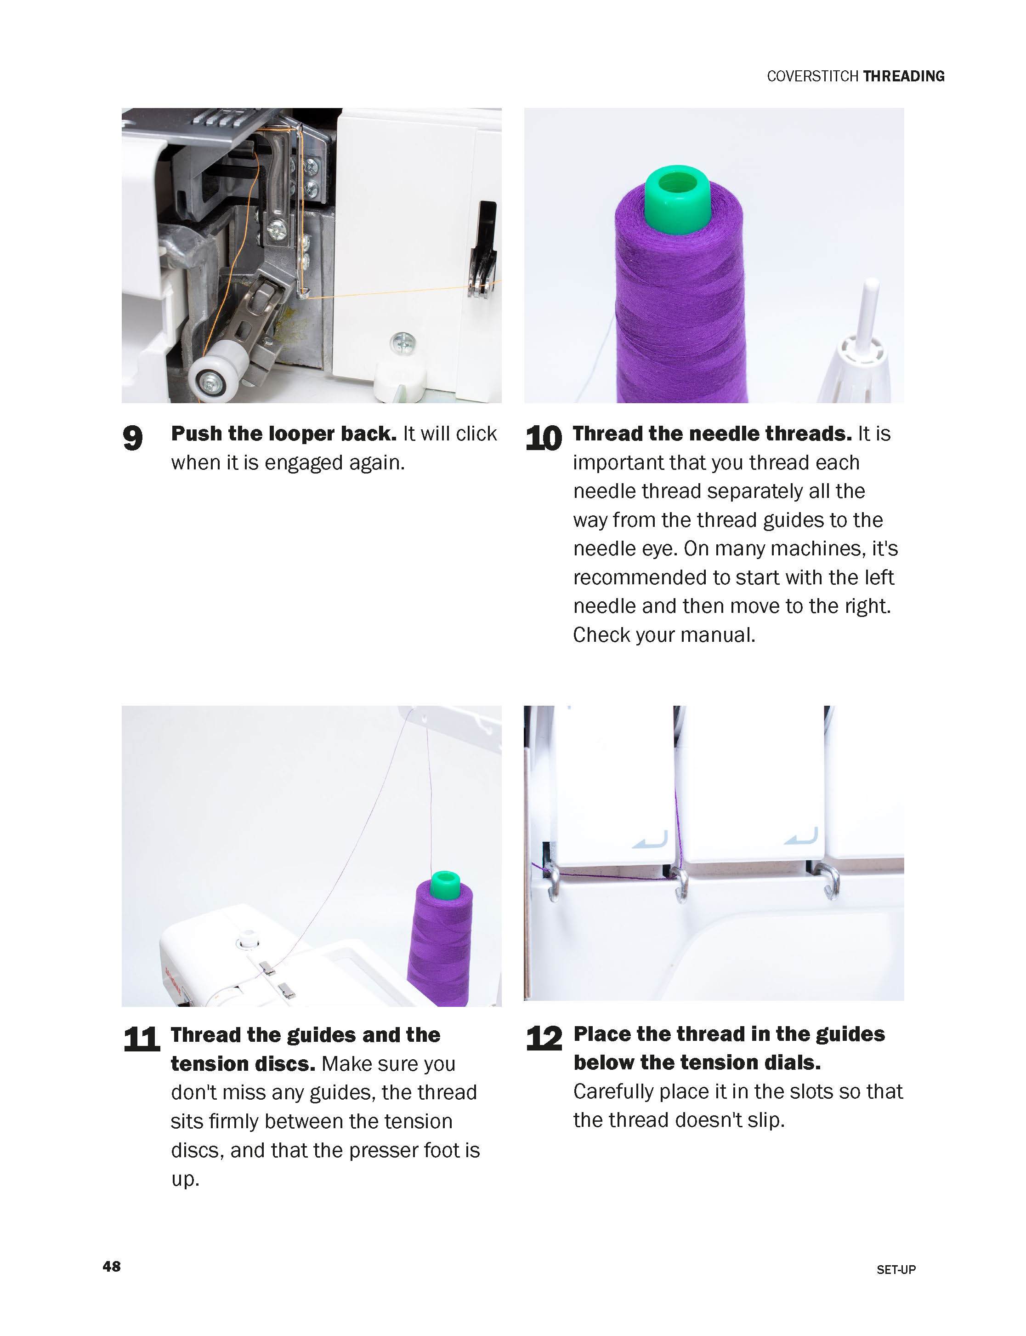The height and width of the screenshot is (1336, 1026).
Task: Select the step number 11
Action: click(x=142, y=1039)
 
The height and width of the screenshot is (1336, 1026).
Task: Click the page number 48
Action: click(x=112, y=1266)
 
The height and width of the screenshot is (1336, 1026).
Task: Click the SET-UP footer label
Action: click(x=896, y=1269)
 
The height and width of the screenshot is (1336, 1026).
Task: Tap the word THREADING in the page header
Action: click(x=904, y=76)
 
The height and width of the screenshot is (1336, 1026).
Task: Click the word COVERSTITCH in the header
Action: click(x=813, y=76)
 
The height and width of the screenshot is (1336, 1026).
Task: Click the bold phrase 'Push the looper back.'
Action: click(x=283, y=434)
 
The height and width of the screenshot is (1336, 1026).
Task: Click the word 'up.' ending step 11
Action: click(x=185, y=1179)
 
